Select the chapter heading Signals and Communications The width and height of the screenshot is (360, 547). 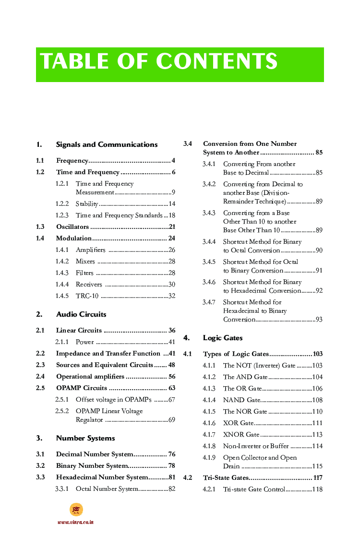click(107, 144)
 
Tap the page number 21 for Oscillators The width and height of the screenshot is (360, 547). click(172, 227)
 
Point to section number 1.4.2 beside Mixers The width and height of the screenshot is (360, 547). click(62, 262)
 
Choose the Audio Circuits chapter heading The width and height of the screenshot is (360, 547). click(81, 314)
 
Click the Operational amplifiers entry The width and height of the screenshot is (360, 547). click(90, 377)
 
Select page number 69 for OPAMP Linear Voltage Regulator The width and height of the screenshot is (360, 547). click(171, 420)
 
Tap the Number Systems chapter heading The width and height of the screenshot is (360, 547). click(85, 438)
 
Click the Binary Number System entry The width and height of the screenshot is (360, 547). click(92, 465)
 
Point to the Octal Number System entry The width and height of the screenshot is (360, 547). click(107, 489)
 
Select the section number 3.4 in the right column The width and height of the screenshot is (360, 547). click(188, 143)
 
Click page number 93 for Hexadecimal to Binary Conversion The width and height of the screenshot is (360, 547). click(319, 320)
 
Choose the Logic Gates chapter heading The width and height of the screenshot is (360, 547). click(223, 338)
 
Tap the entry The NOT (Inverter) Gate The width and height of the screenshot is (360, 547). click(259, 366)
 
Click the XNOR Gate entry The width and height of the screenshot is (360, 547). click(241, 435)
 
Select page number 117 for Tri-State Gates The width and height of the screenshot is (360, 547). click(317, 478)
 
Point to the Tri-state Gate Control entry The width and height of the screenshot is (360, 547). click(254, 489)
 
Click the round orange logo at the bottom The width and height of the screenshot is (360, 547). click(76, 510)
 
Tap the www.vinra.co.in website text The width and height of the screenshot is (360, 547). click(75, 522)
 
